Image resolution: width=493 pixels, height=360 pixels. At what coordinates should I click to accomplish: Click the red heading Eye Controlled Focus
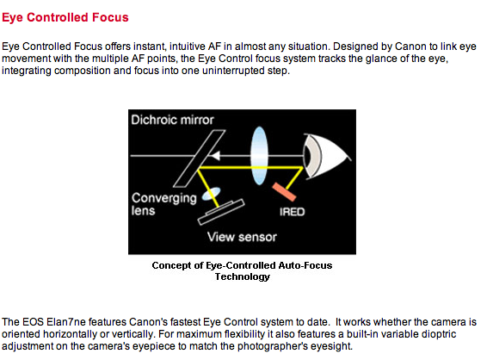click(x=65, y=17)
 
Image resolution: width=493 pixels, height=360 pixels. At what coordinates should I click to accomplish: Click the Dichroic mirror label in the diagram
click(x=172, y=120)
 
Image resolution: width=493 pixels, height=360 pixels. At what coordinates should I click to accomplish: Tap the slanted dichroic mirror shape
click(x=199, y=158)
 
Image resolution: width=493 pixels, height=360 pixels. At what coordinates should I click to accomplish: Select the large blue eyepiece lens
click(x=259, y=155)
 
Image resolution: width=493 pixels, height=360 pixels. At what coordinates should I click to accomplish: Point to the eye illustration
click(x=325, y=157)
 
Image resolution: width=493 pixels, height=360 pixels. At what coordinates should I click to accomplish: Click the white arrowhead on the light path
click(x=215, y=155)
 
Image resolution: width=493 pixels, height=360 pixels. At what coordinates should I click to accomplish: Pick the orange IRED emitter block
click(x=284, y=192)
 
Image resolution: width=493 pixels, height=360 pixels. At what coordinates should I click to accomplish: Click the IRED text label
click(x=292, y=212)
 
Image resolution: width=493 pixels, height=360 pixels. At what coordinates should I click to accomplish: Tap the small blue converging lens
click(x=211, y=194)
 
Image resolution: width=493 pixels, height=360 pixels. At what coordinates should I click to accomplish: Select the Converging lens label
click(x=163, y=204)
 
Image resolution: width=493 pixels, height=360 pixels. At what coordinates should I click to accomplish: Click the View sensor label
click(x=242, y=237)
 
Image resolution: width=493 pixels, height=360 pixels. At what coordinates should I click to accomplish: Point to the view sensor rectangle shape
click(x=221, y=212)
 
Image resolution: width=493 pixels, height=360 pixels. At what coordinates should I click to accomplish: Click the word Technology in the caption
click(x=243, y=276)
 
